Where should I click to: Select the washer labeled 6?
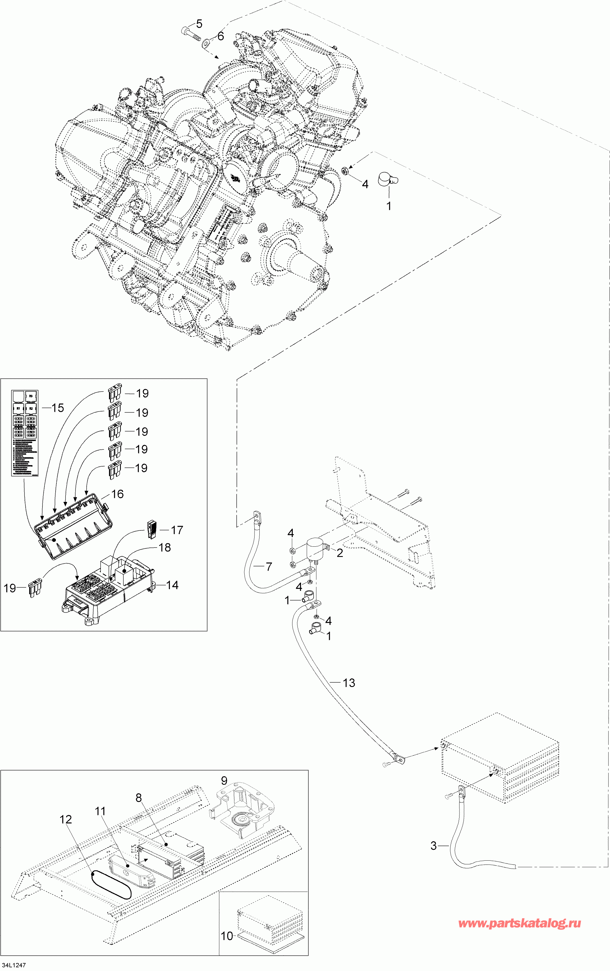[206, 42]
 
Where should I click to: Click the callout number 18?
[165, 547]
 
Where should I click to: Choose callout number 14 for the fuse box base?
[172, 585]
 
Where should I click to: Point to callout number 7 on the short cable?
[269, 567]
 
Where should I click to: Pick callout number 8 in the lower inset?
[139, 798]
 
